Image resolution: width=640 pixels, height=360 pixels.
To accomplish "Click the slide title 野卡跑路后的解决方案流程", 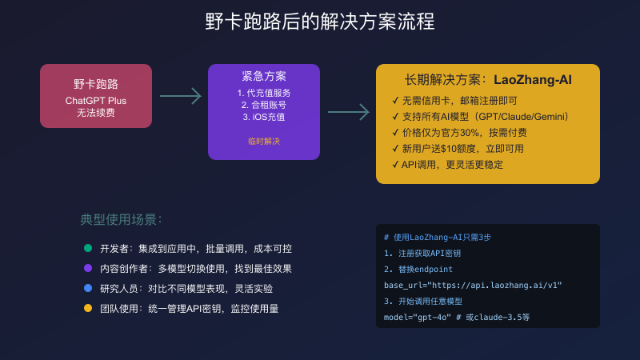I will point(320,22).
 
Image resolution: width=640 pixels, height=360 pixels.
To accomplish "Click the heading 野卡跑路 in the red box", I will point(96,84).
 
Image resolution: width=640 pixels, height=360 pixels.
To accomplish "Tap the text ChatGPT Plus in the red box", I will point(96,101).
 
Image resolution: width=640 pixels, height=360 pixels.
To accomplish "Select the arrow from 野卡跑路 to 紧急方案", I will point(180,96).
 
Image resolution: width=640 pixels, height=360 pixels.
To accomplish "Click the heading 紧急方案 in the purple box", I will point(264,77).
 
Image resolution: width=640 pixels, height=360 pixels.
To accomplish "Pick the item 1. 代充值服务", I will point(264,92).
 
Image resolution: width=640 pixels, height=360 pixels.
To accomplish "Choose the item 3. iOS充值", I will point(264,116).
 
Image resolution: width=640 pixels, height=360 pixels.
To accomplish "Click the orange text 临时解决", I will point(264,141).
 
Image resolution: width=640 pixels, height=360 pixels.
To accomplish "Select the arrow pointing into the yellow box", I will point(349,112).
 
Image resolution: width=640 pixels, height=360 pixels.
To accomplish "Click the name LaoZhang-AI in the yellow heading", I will point(532,80).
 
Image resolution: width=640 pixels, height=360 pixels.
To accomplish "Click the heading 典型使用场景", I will point(122,219).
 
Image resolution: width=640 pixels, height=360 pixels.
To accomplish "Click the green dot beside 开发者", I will point(88,248).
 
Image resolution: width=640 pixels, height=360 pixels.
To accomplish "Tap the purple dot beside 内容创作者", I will point(88,268).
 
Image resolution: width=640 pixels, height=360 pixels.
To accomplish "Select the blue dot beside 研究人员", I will point(88,288).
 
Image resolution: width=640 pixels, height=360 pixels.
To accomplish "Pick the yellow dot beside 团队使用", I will point(88,308).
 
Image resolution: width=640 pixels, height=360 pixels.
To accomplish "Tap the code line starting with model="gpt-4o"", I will point(457,317).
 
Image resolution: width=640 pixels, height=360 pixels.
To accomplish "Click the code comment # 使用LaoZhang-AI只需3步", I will point(442,238).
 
